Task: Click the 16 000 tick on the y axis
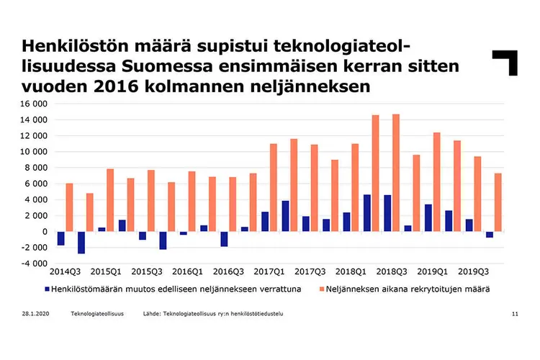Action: coord(34,104)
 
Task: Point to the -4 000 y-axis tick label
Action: coord(34,264)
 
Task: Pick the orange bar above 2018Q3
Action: coord(396,173)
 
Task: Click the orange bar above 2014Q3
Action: coord(69,207)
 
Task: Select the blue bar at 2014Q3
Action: coord(61,238)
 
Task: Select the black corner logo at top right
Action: coord(505,62)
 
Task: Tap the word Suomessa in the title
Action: coord(161,66)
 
